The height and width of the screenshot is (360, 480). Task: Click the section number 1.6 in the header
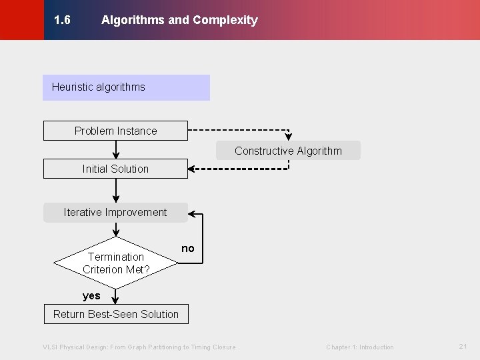[62, 20]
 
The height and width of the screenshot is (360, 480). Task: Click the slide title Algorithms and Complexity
[179, 20]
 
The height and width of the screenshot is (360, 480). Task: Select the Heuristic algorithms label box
[126, 87]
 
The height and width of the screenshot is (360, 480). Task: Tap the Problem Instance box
[115, 131]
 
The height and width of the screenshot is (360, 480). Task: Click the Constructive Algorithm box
[288, 151]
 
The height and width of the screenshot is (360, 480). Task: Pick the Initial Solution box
[115, 169]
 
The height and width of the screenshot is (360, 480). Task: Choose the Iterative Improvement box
[115, 213]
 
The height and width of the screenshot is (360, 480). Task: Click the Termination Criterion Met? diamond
[116, 263]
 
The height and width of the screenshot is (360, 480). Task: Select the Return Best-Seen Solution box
[116, 314]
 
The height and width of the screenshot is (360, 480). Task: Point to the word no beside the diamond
[188, 249]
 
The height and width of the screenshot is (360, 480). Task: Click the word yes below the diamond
[91, 296]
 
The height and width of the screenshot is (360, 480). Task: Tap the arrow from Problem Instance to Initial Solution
[116, 150]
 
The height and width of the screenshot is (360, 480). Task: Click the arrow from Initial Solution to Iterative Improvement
[116, 191]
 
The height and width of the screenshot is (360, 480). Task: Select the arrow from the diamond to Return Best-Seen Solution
[116, 297]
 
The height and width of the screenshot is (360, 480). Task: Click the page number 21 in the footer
[463, 347]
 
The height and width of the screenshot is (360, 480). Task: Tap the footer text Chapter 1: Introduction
[359, 347]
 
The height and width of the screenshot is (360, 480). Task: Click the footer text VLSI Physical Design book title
[139, 347]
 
